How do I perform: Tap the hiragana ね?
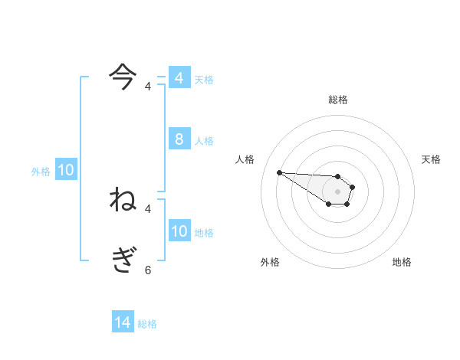pyautogui.click(x=123, y=199)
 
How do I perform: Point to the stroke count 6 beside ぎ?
pyautogui.click(x=148, y=270)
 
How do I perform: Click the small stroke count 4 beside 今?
pyautogui.click(x=148, y=87)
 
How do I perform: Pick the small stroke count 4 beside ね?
pyautogui.click(x=148, y=208)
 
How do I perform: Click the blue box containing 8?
pyautogui.click(x=179, y=139)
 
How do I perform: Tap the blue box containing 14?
pyautogui.click(x=123, y=322)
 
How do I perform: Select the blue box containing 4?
pyautogui.click(x=179, y=77)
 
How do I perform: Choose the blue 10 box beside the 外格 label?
pyautogui.click(x=66, y=170)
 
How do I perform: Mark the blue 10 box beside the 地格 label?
pyautogui.click(x=179, y=231)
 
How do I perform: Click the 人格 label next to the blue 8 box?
pyautogui.click(x=204, y=141)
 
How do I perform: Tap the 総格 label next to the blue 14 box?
pyautogui.click(x=147, y=324)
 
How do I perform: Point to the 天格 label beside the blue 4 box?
pyautogui.click(x=204, y=80)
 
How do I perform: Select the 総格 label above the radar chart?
pyautogui.click(x=338, y=100)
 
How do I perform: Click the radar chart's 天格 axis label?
pyautogui.click(x=431, y=159)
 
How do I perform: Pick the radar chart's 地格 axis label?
pyautogui.click(x=402, y=262)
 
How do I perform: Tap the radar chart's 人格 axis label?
pyautogui.click(x=245, y=159)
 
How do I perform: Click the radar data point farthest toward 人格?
pyautogui.click(x=279, y=172)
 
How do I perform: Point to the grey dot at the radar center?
pyautogui.click(x=338, y=191)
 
